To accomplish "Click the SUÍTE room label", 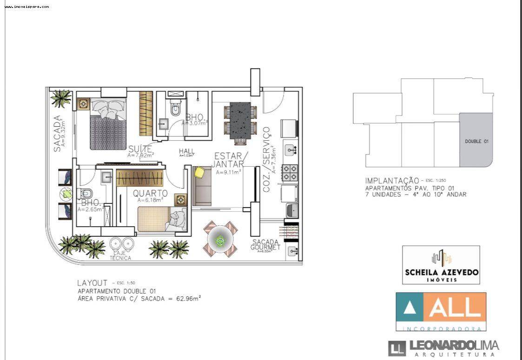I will click(x=140, y=149).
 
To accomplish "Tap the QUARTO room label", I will click(x=150, y=193).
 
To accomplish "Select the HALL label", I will click(x=186, y=151).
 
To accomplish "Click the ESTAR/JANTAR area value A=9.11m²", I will click(x=228, y=171).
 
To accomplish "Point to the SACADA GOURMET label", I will click(x=266, y=245).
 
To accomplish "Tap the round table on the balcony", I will click(x=220, y=240).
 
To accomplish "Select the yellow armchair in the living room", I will click(x=199, y=172).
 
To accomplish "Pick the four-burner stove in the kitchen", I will click(x=290, y=172).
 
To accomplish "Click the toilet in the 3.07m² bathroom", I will click(x=175, y=110).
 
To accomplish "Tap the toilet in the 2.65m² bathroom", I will click(x=87, y=193).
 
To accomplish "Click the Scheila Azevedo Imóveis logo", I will click(x=441, y=265).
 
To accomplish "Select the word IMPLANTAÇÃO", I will click(x=391, y=181).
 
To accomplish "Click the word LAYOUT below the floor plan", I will click(x=93, y=282).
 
